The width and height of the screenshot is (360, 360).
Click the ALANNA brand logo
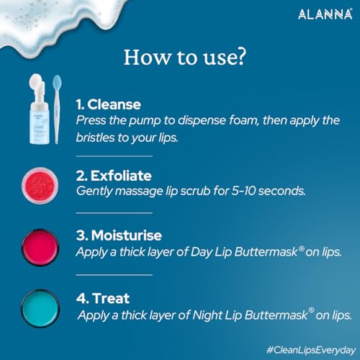coord(325,14)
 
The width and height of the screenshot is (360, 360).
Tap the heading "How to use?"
coord(185,57)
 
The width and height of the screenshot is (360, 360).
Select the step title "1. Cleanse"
coord(109,104)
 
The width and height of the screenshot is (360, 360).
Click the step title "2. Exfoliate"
coord(114,176)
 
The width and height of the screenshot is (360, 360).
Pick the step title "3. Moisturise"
coord(119,235)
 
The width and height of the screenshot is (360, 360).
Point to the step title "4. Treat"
coord(103,298)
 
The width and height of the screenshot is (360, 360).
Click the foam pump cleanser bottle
coord(38,109)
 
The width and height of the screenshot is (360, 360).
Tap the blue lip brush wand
coord(57,109)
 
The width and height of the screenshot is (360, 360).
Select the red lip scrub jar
coord(40,186)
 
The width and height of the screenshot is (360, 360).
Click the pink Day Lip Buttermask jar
coord(40,248)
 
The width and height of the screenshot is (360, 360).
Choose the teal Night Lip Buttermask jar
coord(40,309)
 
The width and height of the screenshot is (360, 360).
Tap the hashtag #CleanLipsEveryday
coord(311,351)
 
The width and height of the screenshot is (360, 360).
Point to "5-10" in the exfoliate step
coord(243,191)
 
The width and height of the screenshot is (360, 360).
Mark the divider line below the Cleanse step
coord(114,156)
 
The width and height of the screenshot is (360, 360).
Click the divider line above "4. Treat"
coord(114,275)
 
